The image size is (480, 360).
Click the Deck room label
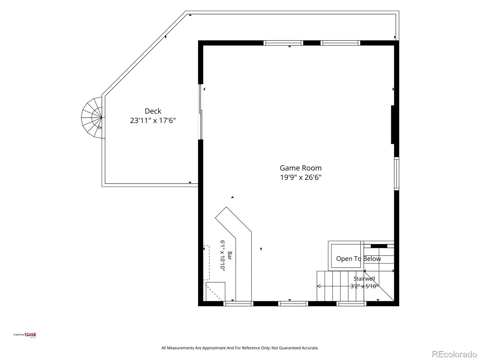153,111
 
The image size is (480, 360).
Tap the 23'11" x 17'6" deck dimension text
153,120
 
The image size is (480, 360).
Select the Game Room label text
301,168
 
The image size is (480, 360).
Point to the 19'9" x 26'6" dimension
301,177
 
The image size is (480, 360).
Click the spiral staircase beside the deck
91,118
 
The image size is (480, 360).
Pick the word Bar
229,255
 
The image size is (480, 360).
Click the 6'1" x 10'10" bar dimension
223,256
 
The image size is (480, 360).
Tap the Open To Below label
358,259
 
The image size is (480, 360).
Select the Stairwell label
364,279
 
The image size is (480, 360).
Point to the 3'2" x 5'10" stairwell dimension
364,286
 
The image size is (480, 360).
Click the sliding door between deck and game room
200,112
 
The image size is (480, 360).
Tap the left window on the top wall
283,43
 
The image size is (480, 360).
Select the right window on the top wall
340,43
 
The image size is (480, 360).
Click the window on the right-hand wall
397,174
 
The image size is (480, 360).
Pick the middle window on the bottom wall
293,304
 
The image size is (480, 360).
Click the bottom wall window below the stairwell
351,304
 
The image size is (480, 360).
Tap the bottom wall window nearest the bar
238,304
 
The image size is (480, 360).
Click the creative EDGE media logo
25,335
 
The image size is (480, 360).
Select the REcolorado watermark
454,354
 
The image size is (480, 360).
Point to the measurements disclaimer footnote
240,348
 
